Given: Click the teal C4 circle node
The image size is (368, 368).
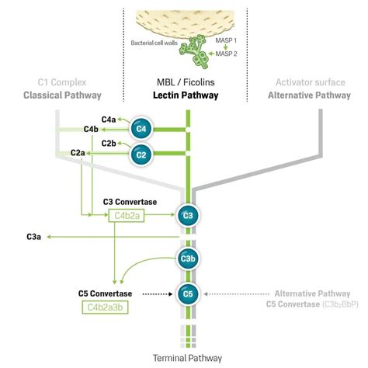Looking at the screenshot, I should click(x=141, y=128).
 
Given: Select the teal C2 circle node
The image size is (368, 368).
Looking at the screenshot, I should click(x=141, y=154).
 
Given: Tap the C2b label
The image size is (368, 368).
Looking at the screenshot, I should click(x=109, y=144).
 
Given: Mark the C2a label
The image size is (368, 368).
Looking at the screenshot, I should click(x=78, y=154).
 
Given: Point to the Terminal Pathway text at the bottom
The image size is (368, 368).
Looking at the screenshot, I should click(x=186, y=358).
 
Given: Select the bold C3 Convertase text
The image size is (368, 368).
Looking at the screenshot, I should click(x=130, y=202).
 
